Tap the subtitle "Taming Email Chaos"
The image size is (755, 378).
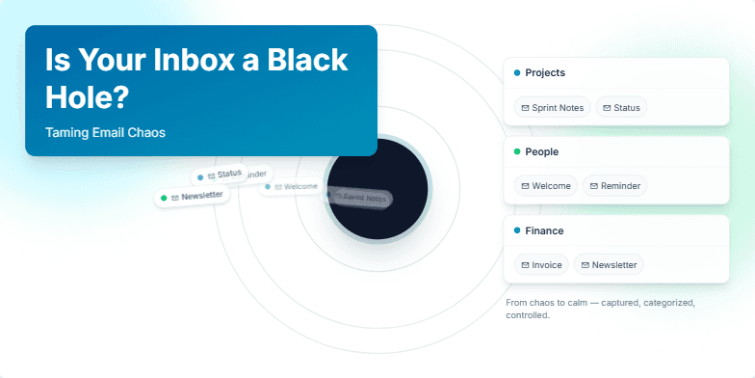coord(105,132)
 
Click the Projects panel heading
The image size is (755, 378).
coord(545,73)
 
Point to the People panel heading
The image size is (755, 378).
coord(541,152)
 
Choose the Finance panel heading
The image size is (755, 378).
coord(544,231)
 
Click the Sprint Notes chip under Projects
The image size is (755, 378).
coord(552,107)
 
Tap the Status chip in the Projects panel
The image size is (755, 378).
coord(621,107)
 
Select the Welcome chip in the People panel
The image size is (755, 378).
coord(545,186)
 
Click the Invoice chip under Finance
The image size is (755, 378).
coord(540,264)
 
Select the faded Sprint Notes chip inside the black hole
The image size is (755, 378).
coord(358,198)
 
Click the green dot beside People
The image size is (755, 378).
coord(517,152)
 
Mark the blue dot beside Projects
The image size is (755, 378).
coord(517,73)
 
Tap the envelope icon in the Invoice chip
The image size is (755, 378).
coord(525,264)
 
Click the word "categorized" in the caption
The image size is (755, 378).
coord(663,303)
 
